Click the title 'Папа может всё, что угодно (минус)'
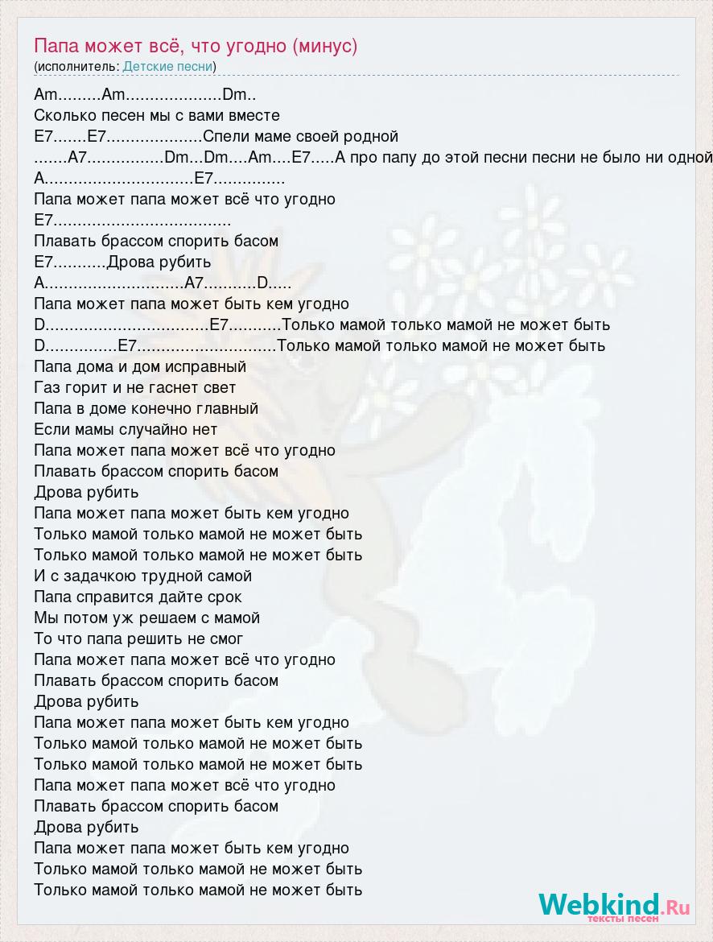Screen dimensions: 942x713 (196, 46)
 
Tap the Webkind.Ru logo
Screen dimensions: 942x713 (614, 906)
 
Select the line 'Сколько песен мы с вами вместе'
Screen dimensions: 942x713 (157, 116)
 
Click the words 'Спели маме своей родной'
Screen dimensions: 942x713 (300, 137)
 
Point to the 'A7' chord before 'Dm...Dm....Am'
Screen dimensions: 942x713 (82, 158)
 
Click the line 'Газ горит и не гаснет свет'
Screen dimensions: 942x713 (135, 388)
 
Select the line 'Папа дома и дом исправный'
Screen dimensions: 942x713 (140, 367)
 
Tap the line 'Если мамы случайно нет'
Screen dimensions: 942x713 (126, 430)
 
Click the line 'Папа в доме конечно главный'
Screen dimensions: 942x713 (146, 409)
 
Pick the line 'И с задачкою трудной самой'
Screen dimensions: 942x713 (143, 576)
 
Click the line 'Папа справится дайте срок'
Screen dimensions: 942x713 (138, 597)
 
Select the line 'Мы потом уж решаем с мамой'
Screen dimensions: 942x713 (147, 618)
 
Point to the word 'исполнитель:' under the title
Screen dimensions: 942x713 (78, 67)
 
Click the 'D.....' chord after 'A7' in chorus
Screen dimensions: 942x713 (272, 283)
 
